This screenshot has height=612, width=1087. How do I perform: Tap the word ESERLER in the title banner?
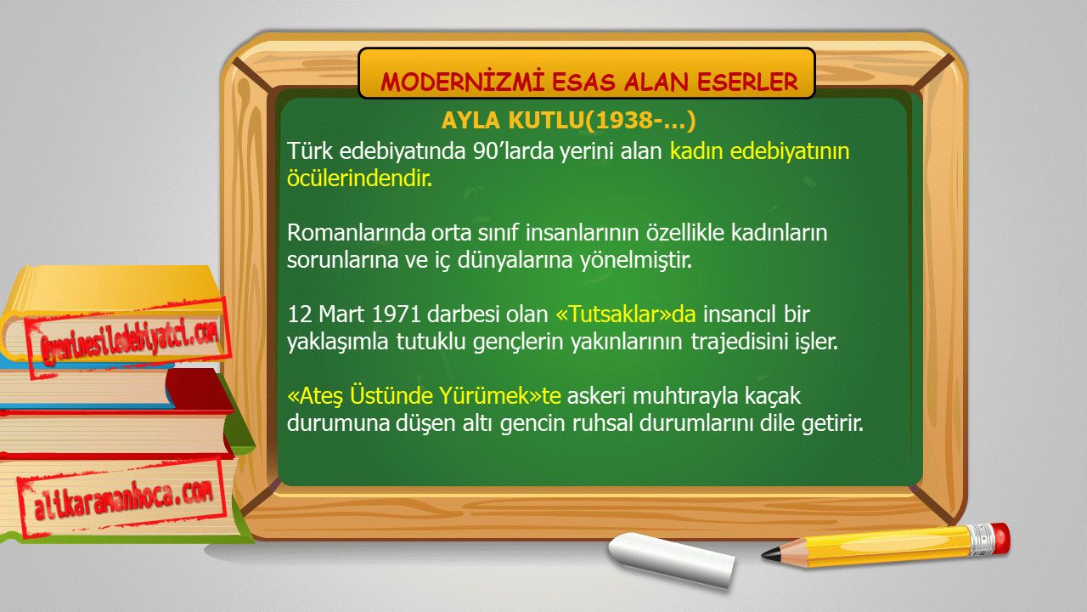click(747, 82)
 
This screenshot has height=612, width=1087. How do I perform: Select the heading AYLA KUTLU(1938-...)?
click(568, 120)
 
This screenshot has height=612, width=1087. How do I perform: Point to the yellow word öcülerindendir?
click(359, 178)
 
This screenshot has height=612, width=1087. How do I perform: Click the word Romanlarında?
click(356, 233)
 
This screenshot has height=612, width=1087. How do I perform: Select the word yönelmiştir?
click(636, 261)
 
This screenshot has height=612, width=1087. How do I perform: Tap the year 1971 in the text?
click(396, 314)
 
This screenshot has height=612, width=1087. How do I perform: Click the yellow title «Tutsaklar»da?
click(626, 314)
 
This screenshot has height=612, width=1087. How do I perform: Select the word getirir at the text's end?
click(831, 423)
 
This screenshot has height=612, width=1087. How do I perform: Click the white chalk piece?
click(672, 559)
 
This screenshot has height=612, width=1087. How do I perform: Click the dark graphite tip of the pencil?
click(771, 553)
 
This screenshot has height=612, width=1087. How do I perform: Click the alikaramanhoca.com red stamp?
click(122, 500)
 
